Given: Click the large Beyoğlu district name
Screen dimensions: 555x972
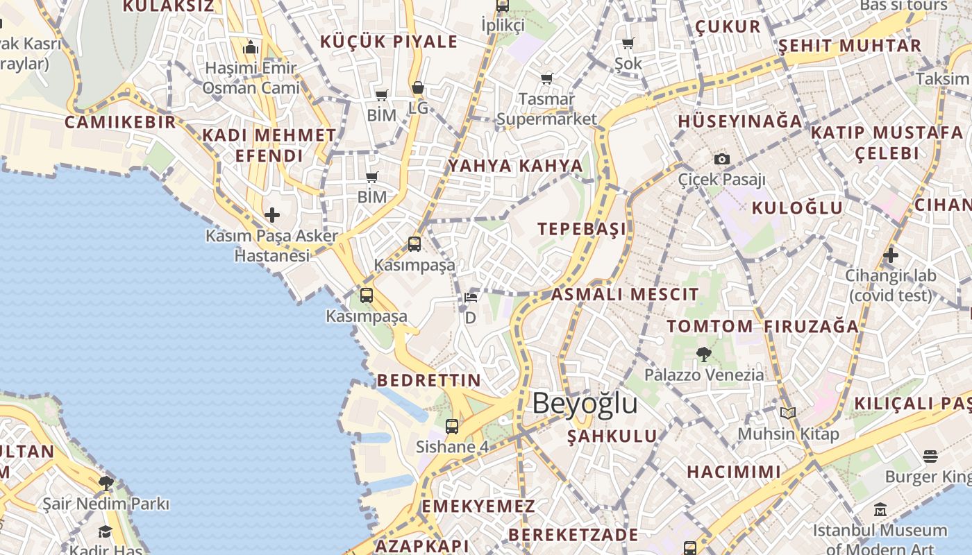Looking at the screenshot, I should [x=585, y=404].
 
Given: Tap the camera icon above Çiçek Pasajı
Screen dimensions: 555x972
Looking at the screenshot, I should [x=722, y=159].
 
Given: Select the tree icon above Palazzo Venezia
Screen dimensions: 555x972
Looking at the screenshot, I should [x=703, y=355].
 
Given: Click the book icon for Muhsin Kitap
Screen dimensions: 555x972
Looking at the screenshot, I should [x=787, y=413].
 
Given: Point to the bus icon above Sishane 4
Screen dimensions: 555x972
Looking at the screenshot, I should [x=452, y=426].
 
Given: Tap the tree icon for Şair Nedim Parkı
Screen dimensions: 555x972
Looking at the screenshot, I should [x=106, y=483].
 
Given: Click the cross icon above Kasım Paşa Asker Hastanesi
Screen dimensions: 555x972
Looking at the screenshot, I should [x=272, y=215].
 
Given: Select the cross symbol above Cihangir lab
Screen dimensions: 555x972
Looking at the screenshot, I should [x=891, y=255].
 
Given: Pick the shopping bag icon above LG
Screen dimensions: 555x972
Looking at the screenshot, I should [x=417, y=88].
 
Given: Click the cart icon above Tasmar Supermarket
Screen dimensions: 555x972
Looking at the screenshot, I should [x=546, y=78].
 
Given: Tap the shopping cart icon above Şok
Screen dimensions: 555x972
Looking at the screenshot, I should [x=628, y=44].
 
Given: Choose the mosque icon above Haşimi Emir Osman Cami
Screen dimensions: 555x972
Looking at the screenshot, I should [x=251, y=47].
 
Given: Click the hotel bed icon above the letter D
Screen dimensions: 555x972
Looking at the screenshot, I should [x=471, y=298].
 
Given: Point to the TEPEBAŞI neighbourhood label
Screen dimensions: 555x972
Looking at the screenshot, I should [x=582, y=229].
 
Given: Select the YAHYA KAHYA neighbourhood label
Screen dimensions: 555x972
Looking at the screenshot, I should [x=516, y=166].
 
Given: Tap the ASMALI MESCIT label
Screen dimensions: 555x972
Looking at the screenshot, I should [x=625, y=294].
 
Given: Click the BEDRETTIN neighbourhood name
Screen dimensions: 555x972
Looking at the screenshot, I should [x=428, y=380].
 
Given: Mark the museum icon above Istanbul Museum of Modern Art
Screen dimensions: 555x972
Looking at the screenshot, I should [x=880, y=510].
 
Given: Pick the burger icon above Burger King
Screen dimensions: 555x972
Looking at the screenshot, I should [x=930, y=456].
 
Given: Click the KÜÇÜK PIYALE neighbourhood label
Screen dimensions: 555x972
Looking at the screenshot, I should [x=389, y=42].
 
